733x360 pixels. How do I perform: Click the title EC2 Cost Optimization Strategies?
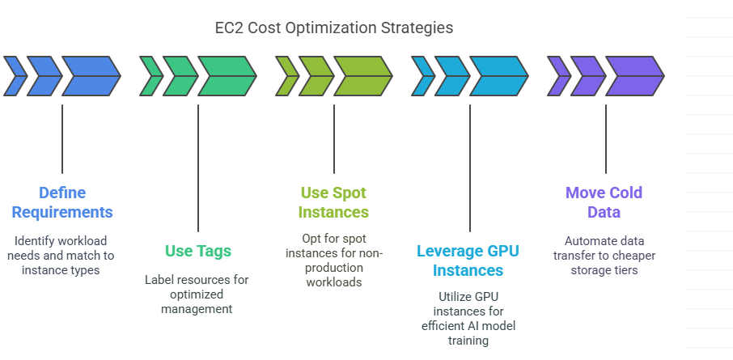(x=334, y=28)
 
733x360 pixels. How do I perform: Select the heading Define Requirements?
(x=62, y=202)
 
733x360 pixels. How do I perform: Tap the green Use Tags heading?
(x=197, y=251)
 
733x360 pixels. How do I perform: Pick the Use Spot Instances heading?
(x=333, y=202)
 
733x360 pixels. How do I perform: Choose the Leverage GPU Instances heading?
(x=468, y=260)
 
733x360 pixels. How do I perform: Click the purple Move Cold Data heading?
(x=604, y=202)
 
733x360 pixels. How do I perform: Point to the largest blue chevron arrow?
(x=91, y=76)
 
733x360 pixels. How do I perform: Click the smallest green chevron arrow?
(x=151, y=76)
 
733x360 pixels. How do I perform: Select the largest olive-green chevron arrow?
(x=363, y=76)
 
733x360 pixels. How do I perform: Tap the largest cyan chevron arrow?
(x=499, y=76)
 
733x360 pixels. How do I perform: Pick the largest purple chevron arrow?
(x=635, y=76)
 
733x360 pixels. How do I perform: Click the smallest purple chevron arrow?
(x=559, y=76)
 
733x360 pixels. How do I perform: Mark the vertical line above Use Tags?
(x=197, y=167)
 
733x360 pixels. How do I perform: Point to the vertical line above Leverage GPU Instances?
(x=470, y=167)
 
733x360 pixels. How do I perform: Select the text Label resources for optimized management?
(x=197, y=294)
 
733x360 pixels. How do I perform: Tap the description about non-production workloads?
(x=334, y=260)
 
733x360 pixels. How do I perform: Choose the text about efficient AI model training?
(x=468, y=319)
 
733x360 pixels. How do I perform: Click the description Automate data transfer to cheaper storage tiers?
(x=604, y=256)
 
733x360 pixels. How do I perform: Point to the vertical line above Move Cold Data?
(x=606, y=139)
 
